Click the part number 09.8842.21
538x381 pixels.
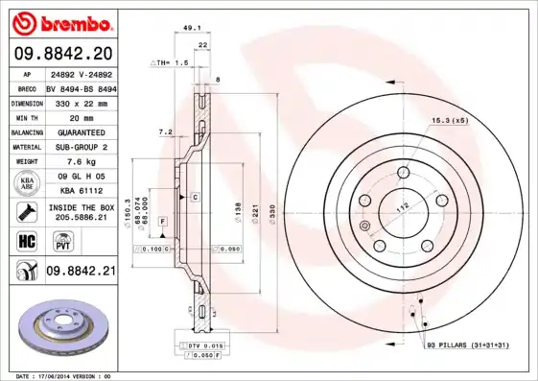point(80,272)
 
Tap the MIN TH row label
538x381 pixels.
point(25,117)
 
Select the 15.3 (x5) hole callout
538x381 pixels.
point(448,120)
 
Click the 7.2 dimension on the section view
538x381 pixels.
point(164,131)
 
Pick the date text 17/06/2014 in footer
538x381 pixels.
point(62,376)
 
